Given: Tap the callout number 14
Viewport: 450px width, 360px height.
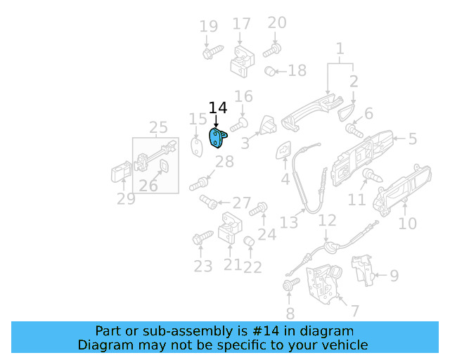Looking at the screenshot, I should click(x=218, y=108).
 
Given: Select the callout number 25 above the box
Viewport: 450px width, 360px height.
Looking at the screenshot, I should click(x=158, y=127).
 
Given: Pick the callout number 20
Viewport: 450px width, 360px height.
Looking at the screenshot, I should click(x=277, y=22).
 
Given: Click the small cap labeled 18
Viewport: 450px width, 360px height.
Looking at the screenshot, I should click(x=269, y=70).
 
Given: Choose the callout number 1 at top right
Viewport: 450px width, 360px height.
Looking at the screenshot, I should click(x=340, y=49).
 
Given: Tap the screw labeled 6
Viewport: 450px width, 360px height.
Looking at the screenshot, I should click(x=354, y=129).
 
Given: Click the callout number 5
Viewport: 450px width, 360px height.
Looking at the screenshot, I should click(x=413, y=139).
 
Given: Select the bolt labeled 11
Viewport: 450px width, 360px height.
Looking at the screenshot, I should click(x=372, y=174).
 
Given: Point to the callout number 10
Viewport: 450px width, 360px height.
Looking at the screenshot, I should click(x=408, y=224).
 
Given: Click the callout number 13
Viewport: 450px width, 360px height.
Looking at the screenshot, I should click(x=289, y=223).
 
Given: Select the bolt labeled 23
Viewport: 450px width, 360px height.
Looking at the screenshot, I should click(x=202, y=239).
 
